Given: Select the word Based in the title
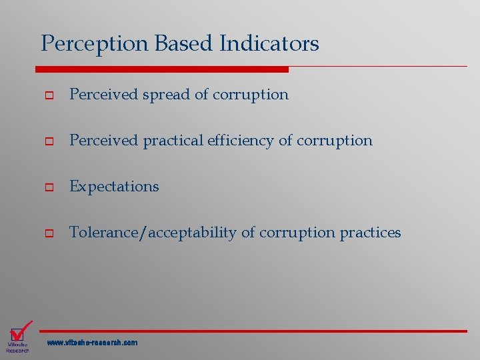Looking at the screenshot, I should pyautogui.click(x=181, y=44).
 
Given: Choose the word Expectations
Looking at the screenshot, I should pyautogui.click(x=114, y=187).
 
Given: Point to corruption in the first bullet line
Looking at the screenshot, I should pyautogui.click(x=251, y=95).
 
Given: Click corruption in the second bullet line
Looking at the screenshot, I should pyautogui.click(x=335, y=141).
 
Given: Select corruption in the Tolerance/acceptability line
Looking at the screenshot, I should pyautogui.click(x=297, y=233).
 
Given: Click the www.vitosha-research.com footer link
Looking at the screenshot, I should pyautogui.click(x=92, y=343).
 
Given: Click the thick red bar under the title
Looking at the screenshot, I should pyautogui.click(x=161, y=69).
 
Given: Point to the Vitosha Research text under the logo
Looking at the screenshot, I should pyautogui.click(x=18, y=347).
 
